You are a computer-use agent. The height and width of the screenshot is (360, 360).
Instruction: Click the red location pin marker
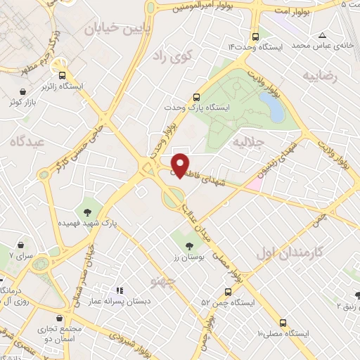[x=181, y=165]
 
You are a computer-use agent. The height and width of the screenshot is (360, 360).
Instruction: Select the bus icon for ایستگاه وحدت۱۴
[x=255, y=36]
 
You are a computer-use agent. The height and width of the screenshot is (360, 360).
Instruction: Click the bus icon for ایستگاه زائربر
[x=62, y=75]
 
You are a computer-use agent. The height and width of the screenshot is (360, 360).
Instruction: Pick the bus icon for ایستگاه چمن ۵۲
[x=227, y=291]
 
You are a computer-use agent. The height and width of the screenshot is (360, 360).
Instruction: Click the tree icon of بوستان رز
[x=188, y=246]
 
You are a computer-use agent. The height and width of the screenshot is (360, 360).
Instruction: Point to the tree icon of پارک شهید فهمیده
[x=87, y=210]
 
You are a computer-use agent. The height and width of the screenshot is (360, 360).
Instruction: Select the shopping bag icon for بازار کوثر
[x=24, y=91]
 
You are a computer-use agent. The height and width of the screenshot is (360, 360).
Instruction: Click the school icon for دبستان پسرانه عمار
[x=120, y=290]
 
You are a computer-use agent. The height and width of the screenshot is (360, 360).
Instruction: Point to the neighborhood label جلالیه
[x=247, y=142]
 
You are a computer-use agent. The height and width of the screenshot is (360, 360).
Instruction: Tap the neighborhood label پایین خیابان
[x=116, y=28]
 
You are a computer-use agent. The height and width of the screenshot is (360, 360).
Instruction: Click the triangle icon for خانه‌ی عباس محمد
[x=322, y=35]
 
